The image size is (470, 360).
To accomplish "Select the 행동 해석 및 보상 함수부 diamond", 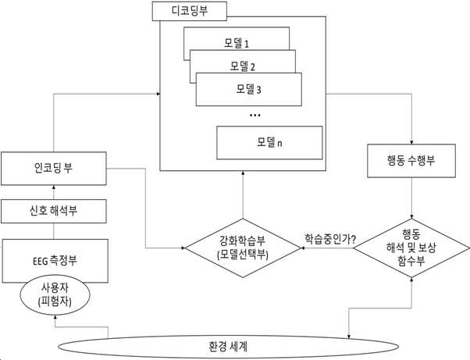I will [411, 248].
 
